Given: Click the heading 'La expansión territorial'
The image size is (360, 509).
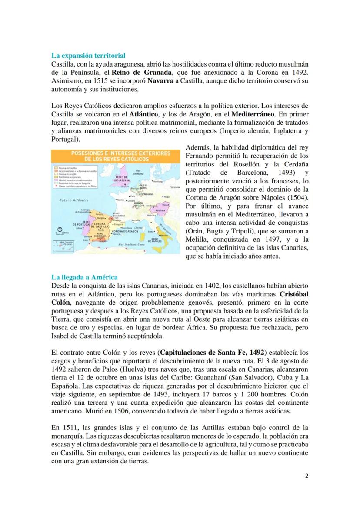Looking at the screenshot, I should [88, 56].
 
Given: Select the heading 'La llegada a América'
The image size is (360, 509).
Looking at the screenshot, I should [84, 277].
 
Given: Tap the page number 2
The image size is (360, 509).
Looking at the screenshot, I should [307, 476].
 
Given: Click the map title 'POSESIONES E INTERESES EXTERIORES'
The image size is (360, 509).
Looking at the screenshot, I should [115, 153].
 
